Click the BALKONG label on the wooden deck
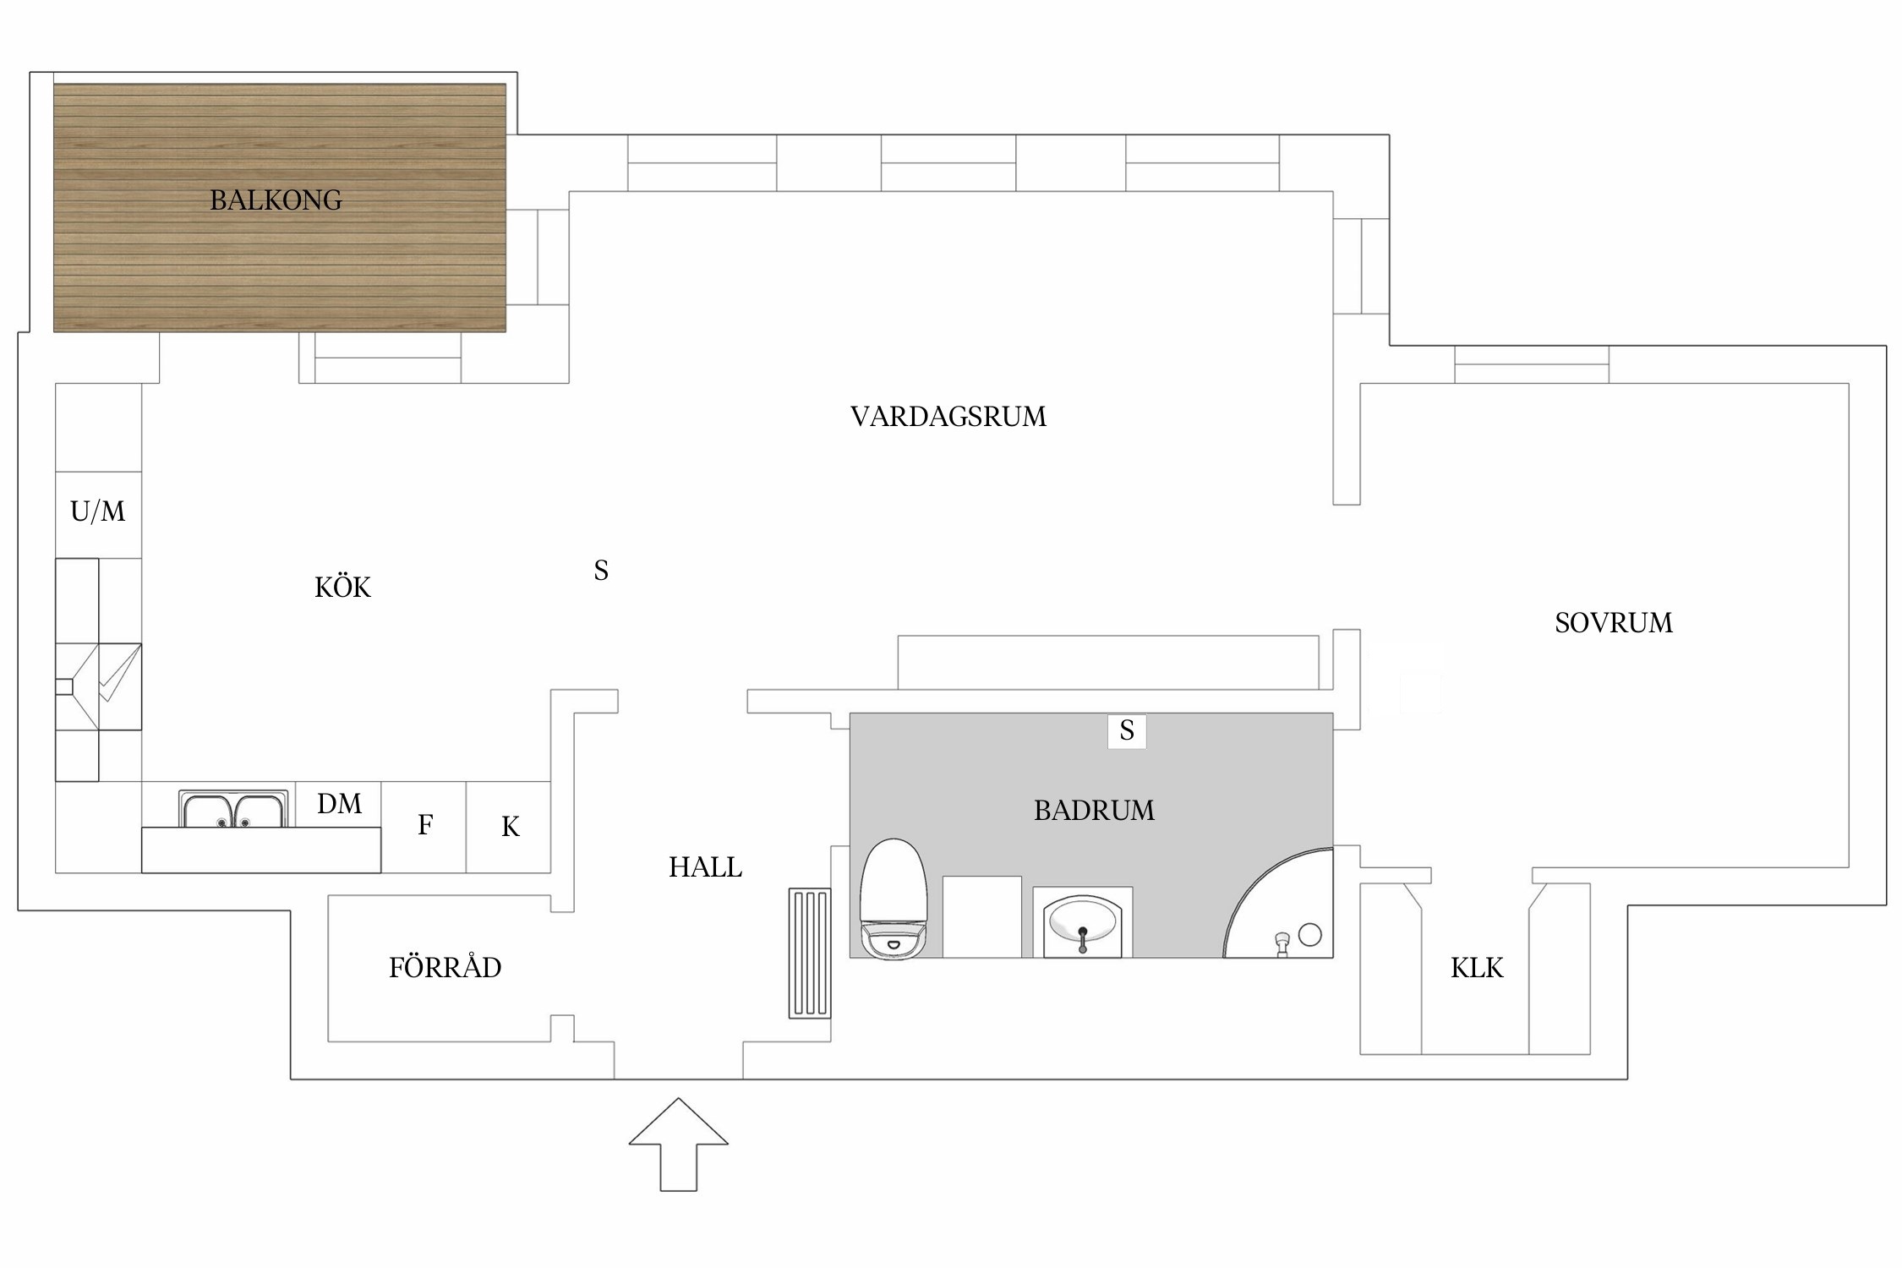(x=276, y=200)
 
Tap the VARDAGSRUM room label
(x=948, y=417)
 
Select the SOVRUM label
(x=1613, y=623)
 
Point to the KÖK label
(x=342, y=588)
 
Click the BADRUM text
(x=1093, y=811)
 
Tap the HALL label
(x=705, y=867)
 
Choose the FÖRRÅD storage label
(x=445, y=968)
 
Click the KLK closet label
(x=1477, y=968)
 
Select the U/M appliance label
(x=98, y=511)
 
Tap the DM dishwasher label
(x=339, y=804)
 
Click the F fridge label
(x=425, y=825)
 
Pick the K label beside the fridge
(x=510, y=827)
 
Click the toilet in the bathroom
(x=894, y=900)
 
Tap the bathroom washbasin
(x=1082, y=923)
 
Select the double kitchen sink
(x=233, y=810)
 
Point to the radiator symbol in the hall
(x=809, y=953)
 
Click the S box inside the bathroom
(x=1126, y=731)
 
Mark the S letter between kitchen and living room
(x=601, y=571)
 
